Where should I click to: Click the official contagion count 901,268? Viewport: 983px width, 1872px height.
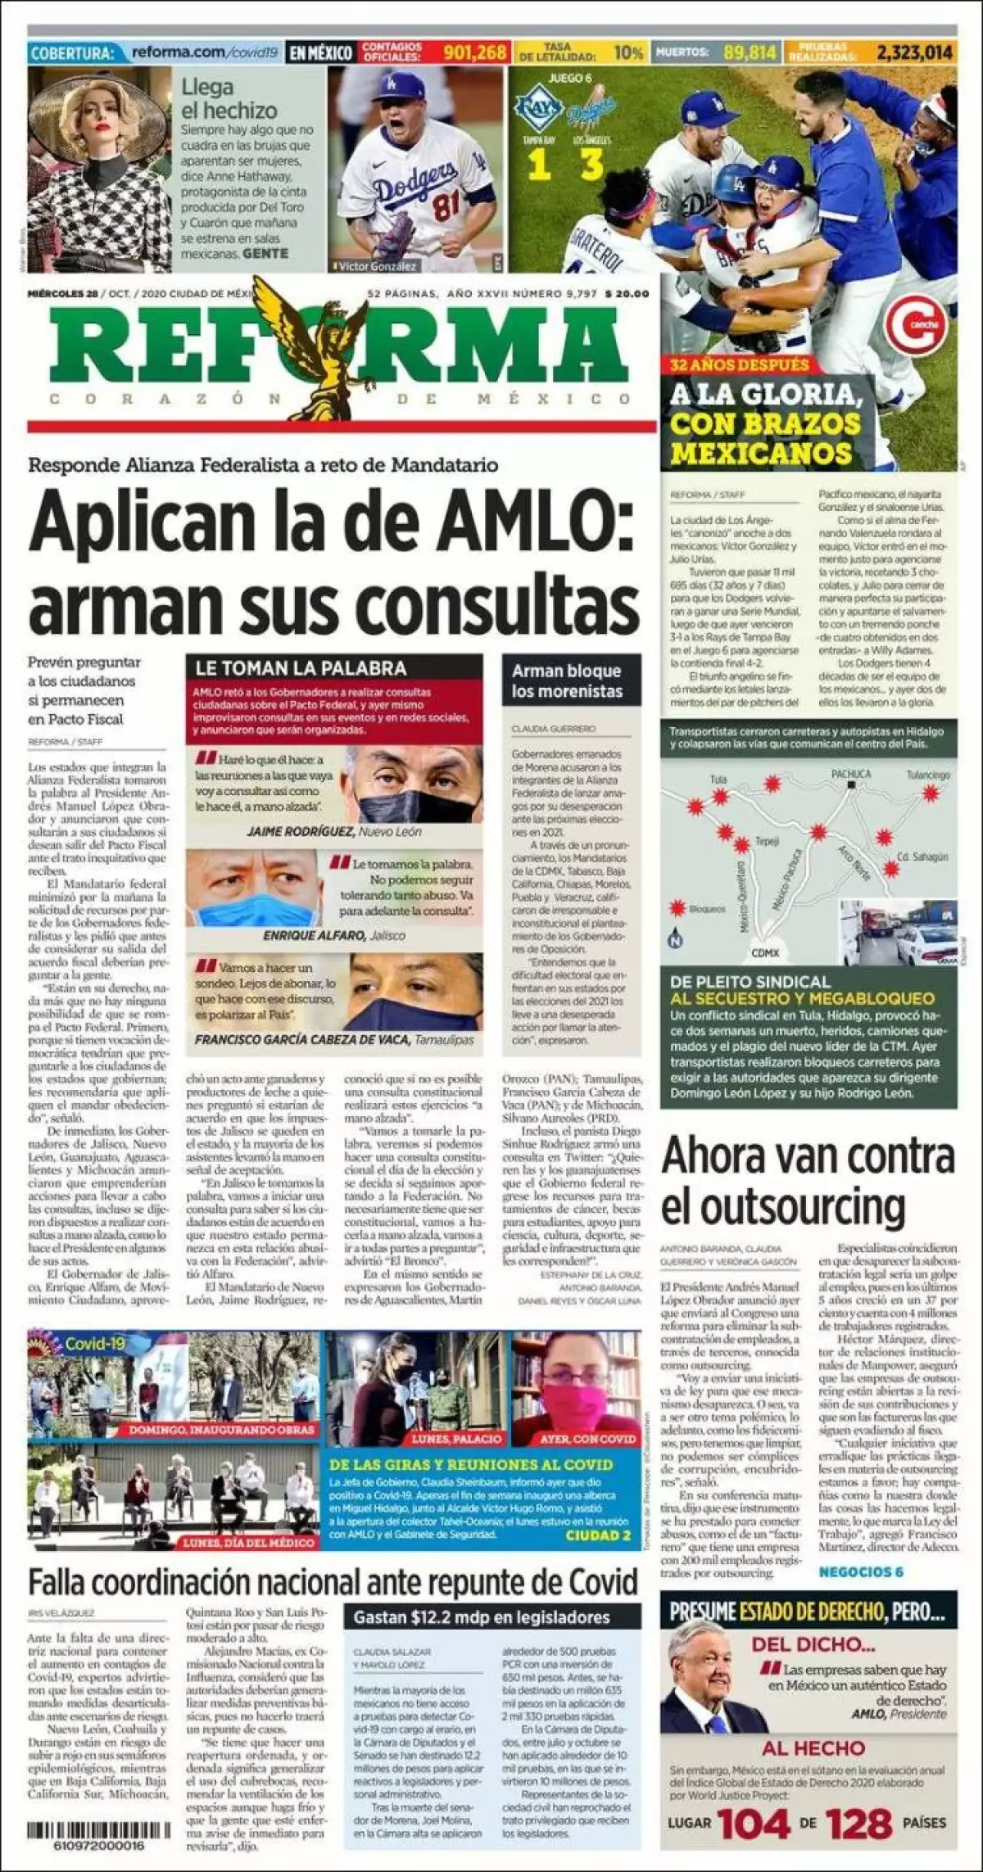475,52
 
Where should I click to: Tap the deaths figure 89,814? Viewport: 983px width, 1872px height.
750,52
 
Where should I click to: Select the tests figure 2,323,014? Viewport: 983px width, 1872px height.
914,52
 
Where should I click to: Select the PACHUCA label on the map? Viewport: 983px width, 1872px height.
851,773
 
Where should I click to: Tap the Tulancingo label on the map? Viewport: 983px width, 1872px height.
927,775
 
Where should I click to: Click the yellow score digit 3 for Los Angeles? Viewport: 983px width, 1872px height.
591,165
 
